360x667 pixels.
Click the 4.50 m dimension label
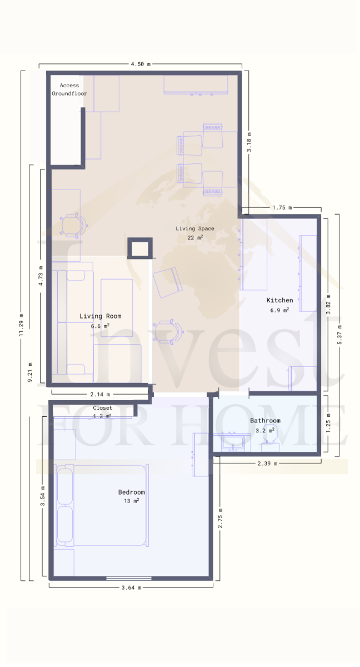coord(141,64)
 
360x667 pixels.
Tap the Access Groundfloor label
coord(69,89)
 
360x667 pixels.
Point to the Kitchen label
coord(279,300)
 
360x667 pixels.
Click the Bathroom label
coord(265,420)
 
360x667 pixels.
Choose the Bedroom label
coord(132,492)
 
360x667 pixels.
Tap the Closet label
coord(102,408)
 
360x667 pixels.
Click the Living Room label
coord(100,316)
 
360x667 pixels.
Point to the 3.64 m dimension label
coord(131,588)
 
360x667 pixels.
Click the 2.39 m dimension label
coord(267,464)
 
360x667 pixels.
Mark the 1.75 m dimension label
coord(282,207)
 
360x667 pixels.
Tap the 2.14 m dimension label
coord(100,395)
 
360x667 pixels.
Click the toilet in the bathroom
coord(271,439)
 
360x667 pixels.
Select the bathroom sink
coord(233,442)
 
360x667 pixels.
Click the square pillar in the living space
coord(140,248)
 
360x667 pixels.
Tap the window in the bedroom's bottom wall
coord(129,578)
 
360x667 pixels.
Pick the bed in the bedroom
coord(101,505)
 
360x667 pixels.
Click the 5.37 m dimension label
coord(339,335)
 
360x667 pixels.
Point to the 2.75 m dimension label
coord(220,518)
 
